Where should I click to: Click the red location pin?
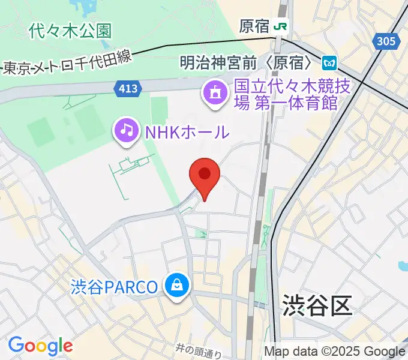205,175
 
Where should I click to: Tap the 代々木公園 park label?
70,31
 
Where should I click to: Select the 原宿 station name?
254,26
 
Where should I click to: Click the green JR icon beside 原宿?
280,26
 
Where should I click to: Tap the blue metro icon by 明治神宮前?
328,62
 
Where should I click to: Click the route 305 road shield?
388,41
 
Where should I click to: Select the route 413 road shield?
127,89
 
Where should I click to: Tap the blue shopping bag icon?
178,286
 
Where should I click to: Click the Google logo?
40,346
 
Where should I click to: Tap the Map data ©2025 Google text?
335,352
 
